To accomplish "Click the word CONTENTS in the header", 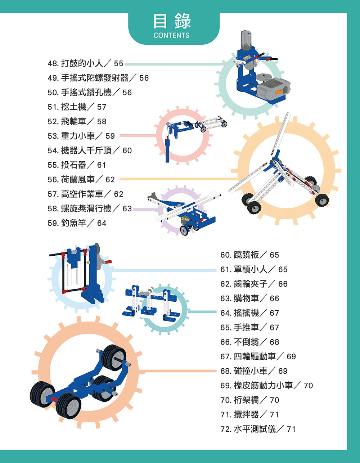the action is [171, 35].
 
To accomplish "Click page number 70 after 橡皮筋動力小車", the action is [308, 386].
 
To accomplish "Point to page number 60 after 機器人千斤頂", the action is [127, 150].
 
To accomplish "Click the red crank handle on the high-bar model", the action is [108, 262].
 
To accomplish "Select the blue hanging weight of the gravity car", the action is [167, 150].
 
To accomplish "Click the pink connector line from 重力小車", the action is [138, 135].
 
